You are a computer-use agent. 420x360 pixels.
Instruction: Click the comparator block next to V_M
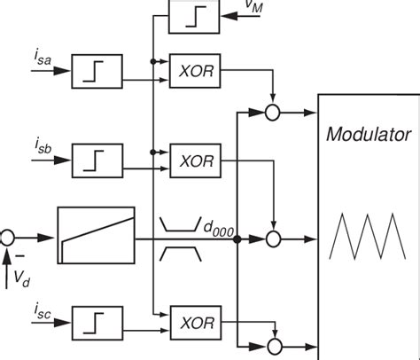coord(191,15)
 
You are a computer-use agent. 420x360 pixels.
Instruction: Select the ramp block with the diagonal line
coord(96,236)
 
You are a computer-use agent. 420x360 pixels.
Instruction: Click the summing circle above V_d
coord(8,237)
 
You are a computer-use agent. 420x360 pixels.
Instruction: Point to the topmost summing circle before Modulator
coord(273,113)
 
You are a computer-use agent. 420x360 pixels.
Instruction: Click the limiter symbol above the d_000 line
coord(183,222)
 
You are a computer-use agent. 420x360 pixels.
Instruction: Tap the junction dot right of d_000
coord(237,238)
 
